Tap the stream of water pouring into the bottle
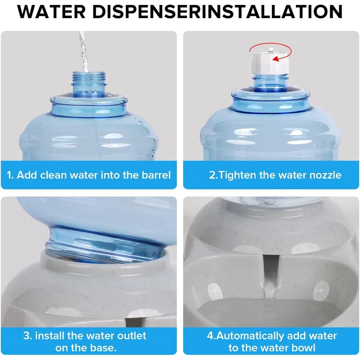click(x=84, y=50)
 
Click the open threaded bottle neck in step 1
click(x=89, y=83)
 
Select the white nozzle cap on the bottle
click(x=270, y=63)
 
